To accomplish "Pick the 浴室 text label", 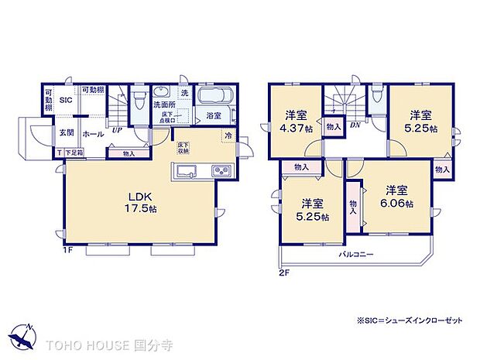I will (214, 116).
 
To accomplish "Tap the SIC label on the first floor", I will (67, 98).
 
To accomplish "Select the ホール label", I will (93, 133).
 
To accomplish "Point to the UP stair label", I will (116, 131).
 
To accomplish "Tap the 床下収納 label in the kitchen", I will (183, 149).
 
